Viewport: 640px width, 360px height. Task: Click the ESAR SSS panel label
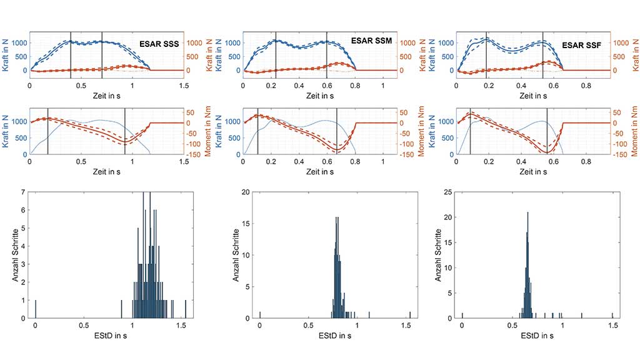coord(159,44)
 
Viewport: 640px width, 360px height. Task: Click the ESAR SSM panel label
coord(372,40)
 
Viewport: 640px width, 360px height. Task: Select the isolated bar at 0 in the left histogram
coord(36,309)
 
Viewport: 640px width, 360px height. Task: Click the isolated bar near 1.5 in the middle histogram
coord(410,314)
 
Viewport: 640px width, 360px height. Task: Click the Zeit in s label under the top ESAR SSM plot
coord(320,96)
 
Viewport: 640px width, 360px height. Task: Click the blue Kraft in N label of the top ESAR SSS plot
coord(5,52)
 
